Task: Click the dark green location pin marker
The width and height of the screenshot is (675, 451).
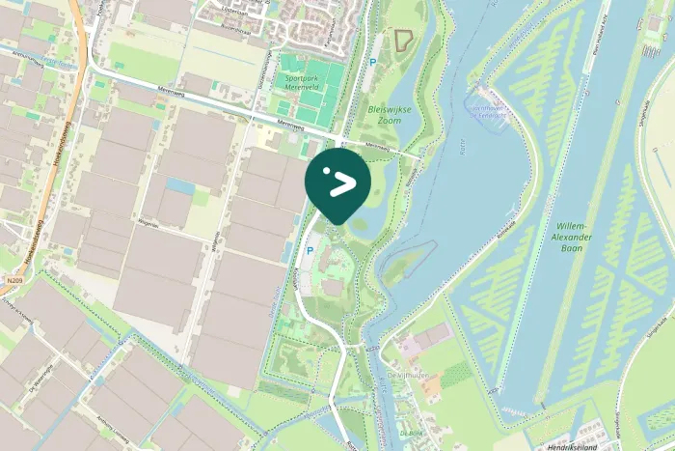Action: click(x=337, y=182)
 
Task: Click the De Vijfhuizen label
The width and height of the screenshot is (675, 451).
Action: click(x=406, y=374)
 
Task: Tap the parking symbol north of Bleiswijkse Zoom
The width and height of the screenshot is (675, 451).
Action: click(x=373, y=63)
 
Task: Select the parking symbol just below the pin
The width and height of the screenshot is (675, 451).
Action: click(x=310, y=250)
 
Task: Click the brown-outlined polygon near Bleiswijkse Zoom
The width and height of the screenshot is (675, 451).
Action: click(x=402, y=40)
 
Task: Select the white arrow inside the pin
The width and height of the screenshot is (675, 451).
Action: click(x=340, y=183)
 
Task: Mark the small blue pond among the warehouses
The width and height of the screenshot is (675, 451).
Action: click(x=179, y=184)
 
